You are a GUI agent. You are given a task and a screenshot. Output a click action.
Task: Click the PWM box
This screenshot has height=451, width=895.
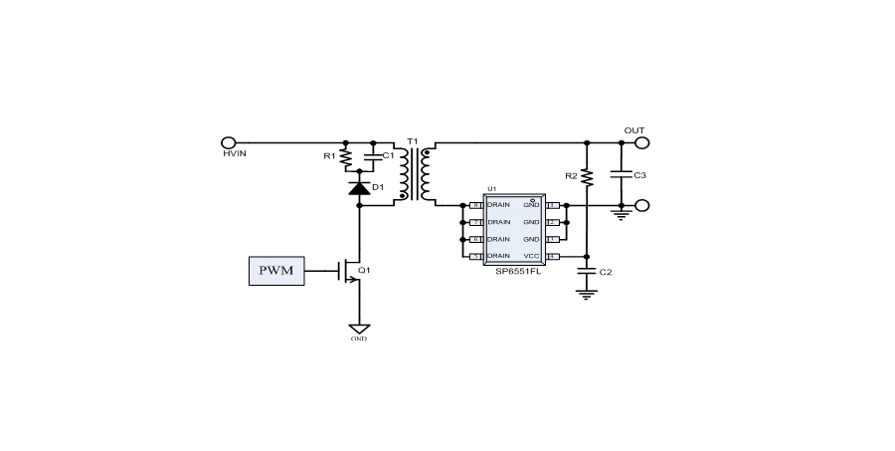(276, 271)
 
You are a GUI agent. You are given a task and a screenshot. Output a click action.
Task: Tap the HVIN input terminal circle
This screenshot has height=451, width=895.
(228, 142)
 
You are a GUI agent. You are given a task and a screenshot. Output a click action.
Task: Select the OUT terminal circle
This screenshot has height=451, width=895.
(641, 142)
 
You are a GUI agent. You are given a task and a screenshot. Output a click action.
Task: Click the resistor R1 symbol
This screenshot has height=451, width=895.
(345, 157)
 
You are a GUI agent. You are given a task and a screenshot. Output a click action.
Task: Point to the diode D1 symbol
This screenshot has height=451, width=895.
(359, 186)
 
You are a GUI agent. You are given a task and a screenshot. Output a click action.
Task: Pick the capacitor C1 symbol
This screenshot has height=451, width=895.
(373, 156)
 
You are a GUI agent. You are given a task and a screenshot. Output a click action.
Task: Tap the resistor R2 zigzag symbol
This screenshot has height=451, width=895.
(587, 177)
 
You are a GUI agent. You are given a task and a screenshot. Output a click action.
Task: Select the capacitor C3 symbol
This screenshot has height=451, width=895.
(621, 175)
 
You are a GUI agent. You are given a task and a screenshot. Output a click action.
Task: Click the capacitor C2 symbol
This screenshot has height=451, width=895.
(587, 271)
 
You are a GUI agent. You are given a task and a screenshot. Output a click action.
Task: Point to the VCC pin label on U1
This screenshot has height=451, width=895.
(532, 257)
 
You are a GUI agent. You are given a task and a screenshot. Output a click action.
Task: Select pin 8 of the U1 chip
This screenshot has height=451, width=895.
(475, 206)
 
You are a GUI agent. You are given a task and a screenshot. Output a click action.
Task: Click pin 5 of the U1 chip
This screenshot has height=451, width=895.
(475, 257)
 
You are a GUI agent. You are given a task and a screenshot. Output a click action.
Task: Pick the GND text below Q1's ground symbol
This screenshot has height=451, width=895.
(359, 338)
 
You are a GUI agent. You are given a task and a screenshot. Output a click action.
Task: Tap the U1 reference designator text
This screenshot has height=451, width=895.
(491, 188)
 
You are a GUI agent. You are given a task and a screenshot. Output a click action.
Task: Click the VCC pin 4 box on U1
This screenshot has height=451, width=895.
(553, 257)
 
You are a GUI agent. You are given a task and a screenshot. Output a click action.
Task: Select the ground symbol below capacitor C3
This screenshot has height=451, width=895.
(621, 213)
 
